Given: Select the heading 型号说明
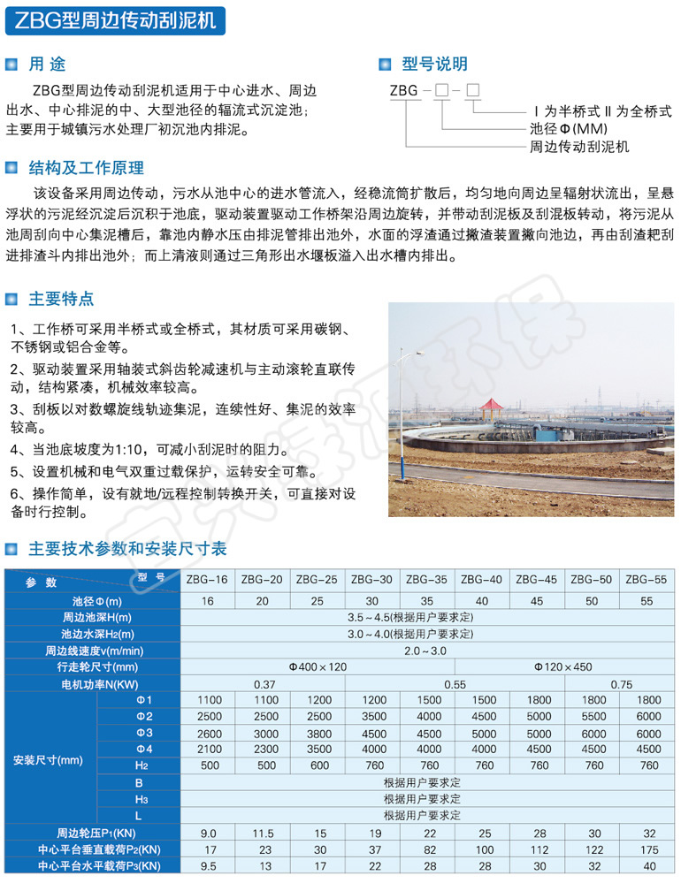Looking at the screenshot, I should [x=434, y=64].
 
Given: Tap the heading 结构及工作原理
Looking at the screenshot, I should [x=87, y=168].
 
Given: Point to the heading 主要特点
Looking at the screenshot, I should [x=62, y=298].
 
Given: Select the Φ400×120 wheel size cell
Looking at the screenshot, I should [x=318, y=667].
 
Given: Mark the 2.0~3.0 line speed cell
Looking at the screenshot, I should [x=428, y=651].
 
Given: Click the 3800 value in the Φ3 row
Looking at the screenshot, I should [x=318, y=733].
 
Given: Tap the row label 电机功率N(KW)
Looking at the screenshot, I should [x=96, y=684].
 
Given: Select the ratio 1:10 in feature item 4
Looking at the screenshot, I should [x=138, y=449].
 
